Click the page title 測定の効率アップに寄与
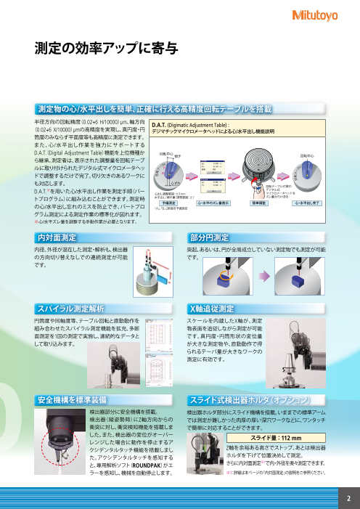point(105,49)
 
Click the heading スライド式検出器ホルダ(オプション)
point(250,400)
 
